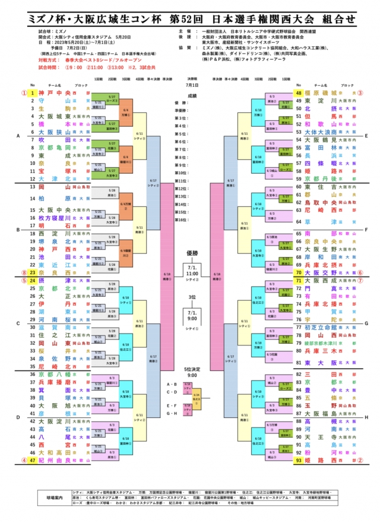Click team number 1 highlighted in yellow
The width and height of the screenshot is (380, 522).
(x=33, y=93)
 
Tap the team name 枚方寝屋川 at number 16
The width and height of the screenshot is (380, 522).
(x=55, y=218)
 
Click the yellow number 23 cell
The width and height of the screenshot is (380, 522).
(x=33, y=272)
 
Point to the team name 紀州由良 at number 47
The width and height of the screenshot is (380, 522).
(x=55, y=460)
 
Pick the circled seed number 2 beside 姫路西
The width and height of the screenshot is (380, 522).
(x=360, y=460)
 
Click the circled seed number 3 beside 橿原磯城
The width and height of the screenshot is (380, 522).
(x=360, y=93)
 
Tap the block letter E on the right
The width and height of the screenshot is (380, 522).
(x=366, y=136)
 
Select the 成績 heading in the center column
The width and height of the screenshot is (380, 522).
(x=191, y=95)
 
